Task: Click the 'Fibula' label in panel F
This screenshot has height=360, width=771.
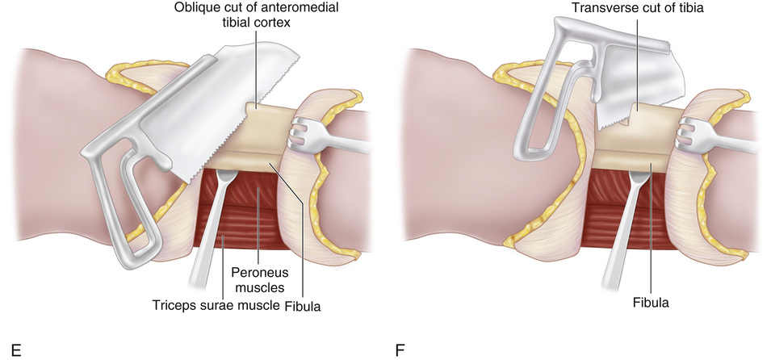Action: pyautogui.click(x=650, y=304)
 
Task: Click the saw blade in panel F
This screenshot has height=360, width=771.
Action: pyautogui.click(x=638, y=73)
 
